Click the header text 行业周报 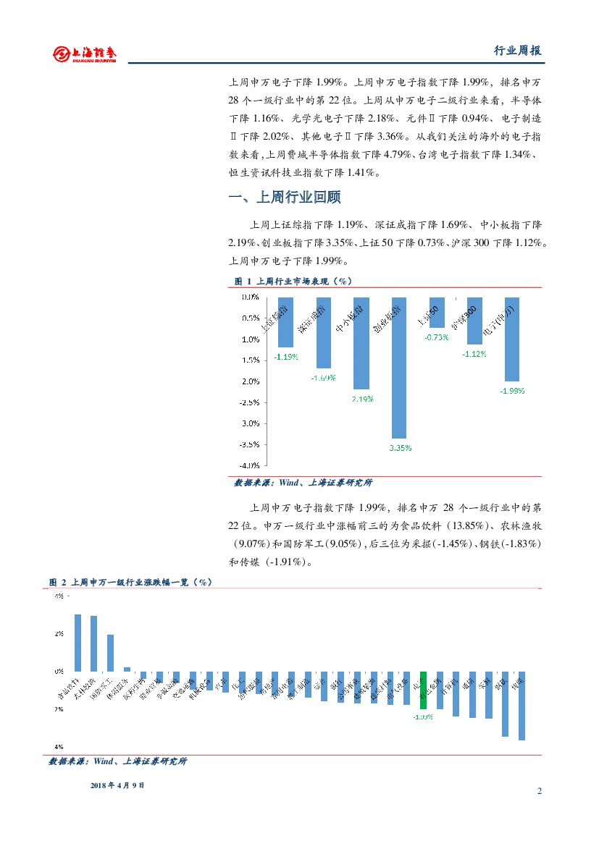[x=517, y=51]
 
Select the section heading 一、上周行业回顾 [x=284, y=198]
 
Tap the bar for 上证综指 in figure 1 [x=285, y=322]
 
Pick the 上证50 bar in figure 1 [x=437, y=313]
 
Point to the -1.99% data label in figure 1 [x=512, y=390]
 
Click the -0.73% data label [x=437, y=337]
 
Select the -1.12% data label [x=474, y=354]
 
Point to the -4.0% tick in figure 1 [x=250, y=465]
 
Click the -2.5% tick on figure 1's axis [x=250, y=402]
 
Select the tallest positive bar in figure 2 [x=78, y=643]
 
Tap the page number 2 [x=540, y=790]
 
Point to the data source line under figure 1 [x=303, y=483]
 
